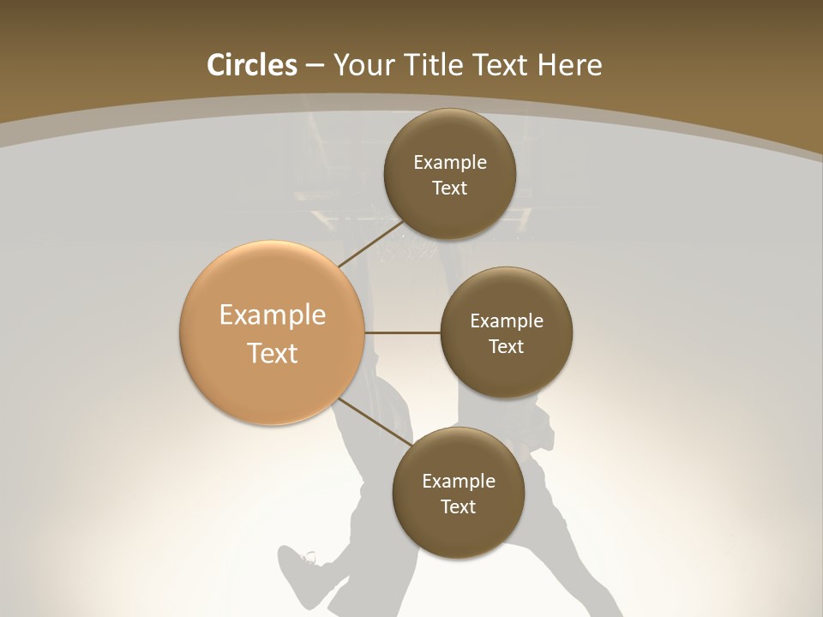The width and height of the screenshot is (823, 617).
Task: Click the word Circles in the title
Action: pos(251,65)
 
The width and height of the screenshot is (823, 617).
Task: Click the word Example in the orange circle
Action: pos(272,315)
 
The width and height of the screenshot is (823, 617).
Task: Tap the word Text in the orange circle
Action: pos(272,353)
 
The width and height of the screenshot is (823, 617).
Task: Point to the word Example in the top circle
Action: pos(449,163)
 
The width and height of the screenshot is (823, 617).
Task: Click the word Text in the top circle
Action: pos(449,189)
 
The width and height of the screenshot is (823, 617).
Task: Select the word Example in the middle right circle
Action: pos(506,321)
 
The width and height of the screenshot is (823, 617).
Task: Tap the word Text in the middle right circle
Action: pos(506,347)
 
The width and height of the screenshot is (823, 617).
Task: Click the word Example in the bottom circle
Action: pos(458,482)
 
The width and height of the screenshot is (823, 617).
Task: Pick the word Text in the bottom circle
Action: pos(458,507)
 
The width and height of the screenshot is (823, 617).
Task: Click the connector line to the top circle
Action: pos(370,244)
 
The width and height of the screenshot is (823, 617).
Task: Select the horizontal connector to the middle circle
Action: pos(403,332)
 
